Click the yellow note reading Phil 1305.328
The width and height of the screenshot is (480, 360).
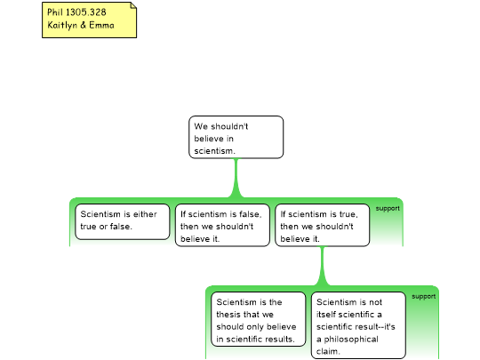point(89,20)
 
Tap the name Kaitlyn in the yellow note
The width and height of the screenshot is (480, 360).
point(62,25)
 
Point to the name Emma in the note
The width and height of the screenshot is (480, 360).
point(101,25)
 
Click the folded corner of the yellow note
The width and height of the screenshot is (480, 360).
point(133,5)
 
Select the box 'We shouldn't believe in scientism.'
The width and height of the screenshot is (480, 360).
point(236,137)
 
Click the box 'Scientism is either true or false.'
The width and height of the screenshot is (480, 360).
point(122,221)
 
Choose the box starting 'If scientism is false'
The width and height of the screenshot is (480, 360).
point(222,225)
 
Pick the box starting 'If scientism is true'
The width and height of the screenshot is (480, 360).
point(323,225)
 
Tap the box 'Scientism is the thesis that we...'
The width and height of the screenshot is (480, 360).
point(259,319)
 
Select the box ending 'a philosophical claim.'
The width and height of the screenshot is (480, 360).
point(358,325)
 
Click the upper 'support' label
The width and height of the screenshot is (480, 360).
point(388,209)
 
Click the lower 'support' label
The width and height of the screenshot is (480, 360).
point(424,297)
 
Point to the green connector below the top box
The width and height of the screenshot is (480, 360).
point(236,178)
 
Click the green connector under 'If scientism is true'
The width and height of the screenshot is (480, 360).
point(323,266)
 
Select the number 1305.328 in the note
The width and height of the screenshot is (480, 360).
point(86,12)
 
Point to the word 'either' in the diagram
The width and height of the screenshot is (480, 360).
point(145,214)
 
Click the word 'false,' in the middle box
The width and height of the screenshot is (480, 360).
point(251,214)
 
